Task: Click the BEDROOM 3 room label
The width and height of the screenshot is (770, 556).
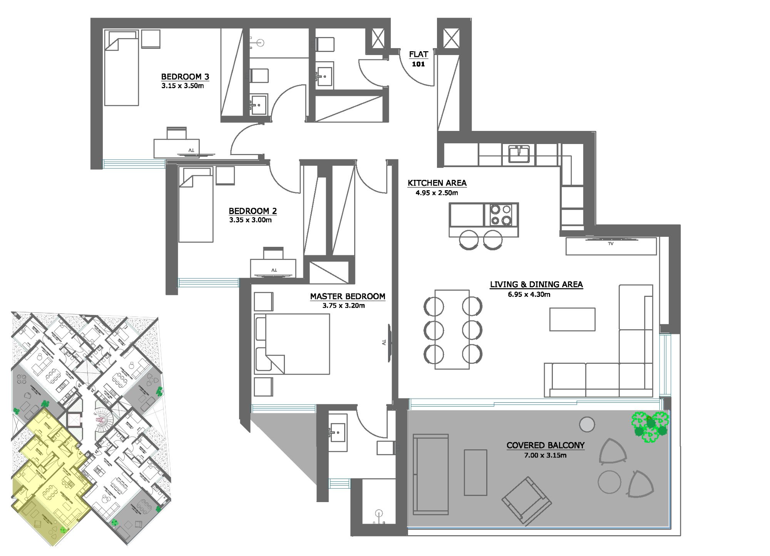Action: click(x=185, y=77)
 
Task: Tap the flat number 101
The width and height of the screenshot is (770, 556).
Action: click(x=418, y=64)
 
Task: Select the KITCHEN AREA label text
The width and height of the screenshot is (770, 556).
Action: click(x=437, y=183)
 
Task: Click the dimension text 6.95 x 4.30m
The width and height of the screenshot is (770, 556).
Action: click(x=529, y=295)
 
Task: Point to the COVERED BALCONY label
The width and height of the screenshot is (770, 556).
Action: click(x=545, y=445)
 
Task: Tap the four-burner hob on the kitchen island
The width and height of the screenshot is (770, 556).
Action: click(x=500, y=215)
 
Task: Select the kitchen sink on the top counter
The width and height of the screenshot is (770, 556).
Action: click(x=519, y=154)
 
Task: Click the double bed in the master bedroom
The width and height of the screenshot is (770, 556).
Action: click(x=293, y=344)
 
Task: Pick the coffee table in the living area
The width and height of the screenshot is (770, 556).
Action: click(x=572, y=319)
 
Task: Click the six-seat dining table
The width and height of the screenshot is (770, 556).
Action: click(x=452, y=330)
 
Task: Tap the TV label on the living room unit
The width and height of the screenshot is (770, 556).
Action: click(x=611, y=244)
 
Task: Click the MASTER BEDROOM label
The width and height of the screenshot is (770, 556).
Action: click(x=347, y=296)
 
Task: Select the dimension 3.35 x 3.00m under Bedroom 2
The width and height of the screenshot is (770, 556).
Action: click(x=250, y=220)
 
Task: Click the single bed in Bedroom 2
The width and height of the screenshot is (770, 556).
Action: click(x=196, y=208)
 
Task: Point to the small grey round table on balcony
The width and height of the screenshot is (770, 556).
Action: click(x=587, y=425)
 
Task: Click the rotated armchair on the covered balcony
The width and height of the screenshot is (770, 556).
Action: click(x=526, y=501)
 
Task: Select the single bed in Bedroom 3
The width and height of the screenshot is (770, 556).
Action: click(x=121, y=69)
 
